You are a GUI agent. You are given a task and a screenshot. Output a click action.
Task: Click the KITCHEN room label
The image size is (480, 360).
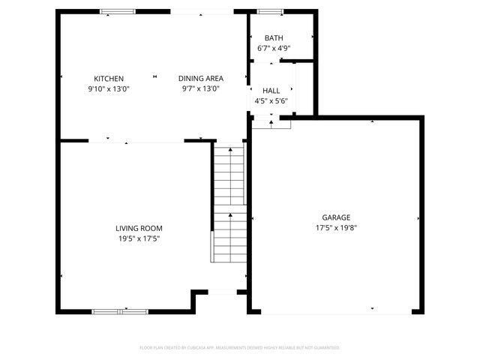point(109,79)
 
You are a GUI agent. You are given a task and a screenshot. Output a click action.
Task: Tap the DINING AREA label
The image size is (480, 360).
point(200,79)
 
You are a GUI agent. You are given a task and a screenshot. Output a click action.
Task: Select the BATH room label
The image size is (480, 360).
point(274,38)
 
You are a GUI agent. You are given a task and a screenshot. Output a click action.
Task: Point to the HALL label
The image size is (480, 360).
point(271,91)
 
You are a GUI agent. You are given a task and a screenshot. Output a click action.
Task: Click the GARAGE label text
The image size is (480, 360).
point(336,217)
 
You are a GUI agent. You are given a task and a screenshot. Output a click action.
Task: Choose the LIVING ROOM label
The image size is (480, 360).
point(139,229)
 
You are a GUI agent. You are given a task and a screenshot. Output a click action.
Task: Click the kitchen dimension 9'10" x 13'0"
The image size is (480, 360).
point(109,88)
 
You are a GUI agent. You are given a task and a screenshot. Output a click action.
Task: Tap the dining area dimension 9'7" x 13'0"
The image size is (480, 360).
point(200,88)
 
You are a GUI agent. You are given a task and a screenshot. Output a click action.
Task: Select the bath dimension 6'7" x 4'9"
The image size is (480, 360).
point(274,48)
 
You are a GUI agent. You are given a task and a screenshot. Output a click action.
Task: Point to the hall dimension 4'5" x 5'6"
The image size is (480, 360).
point(271,100)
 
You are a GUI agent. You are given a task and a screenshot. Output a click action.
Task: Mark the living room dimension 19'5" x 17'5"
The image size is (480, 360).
point(139,238)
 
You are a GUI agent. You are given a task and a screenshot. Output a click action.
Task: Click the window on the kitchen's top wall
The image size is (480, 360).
point(118,11)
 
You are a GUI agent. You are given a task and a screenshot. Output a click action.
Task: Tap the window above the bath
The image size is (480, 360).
point(270,11)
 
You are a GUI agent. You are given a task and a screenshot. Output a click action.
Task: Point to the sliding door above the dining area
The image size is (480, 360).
point(202,12)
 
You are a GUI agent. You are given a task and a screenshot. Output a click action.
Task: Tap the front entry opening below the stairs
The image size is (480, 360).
point(222,292)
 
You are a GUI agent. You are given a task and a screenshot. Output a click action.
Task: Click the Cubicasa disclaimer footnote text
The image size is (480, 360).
point(240,348)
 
